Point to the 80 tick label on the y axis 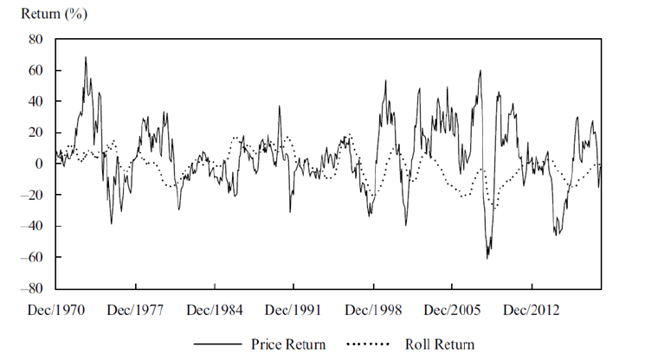(35, 39)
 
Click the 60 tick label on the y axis (35, 70)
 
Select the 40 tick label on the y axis (35, 101)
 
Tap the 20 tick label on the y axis (35, 132)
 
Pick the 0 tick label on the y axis (39, 164)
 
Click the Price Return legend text (289, 344)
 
